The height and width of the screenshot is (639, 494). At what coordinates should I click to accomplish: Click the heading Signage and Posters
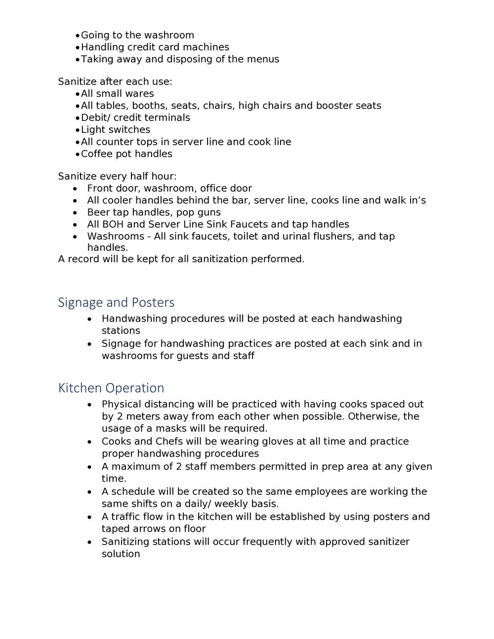116,302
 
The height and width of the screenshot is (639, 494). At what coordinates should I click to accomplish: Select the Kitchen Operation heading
111,388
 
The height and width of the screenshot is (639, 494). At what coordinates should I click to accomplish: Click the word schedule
133,491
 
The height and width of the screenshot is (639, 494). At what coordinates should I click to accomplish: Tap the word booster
334,106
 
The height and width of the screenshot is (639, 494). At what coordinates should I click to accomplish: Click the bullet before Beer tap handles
75,213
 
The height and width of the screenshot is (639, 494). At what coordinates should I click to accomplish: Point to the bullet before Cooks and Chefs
89,441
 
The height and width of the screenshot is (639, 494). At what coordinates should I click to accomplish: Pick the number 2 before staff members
179,467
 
